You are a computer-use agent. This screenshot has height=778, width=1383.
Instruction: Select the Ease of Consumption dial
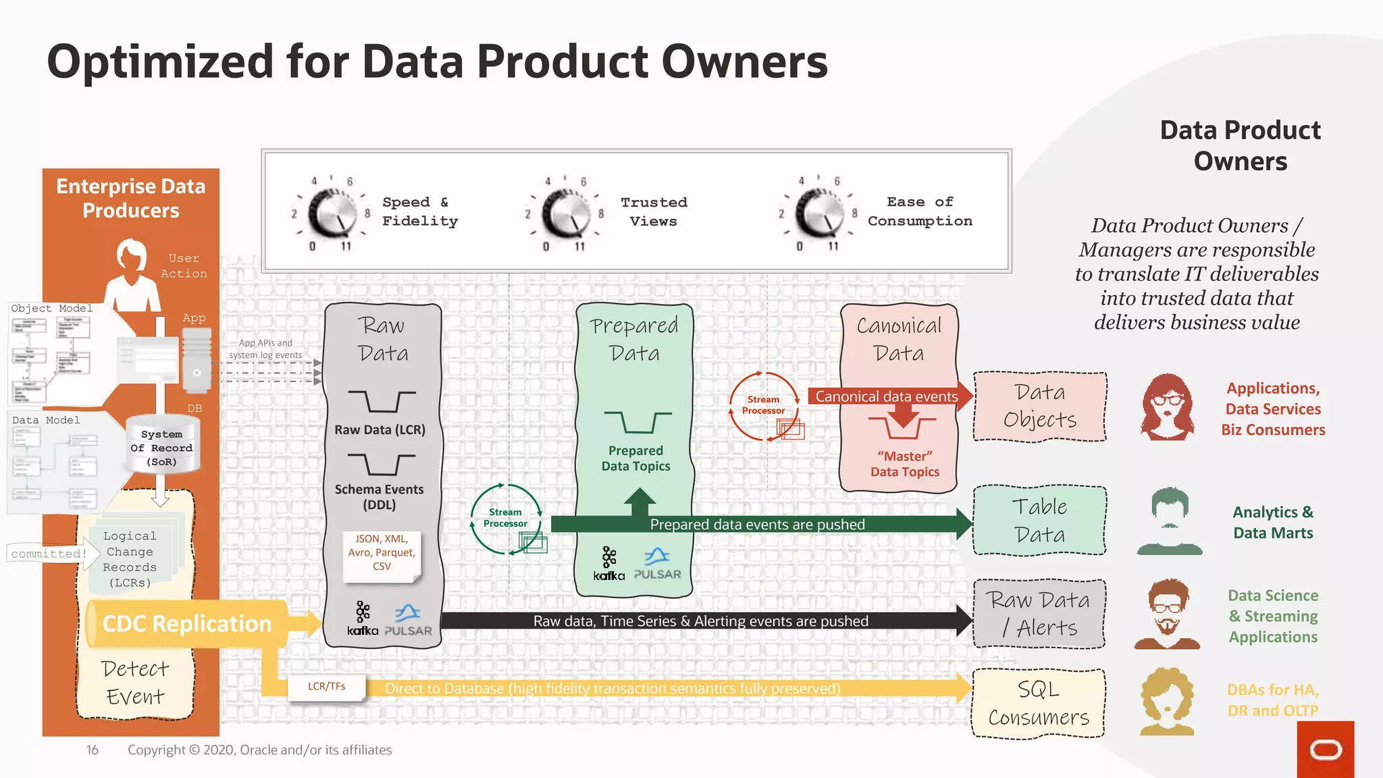click(x=818, y=213)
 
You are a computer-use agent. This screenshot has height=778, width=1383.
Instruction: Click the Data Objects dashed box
click(x=1039, y=407)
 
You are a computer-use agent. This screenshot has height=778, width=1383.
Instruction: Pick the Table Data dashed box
click(x=1039, y=521)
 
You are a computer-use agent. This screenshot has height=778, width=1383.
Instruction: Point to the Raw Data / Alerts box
click(x=1039, y=614)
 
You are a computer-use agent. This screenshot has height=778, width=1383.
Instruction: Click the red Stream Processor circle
click(x=763, y=405)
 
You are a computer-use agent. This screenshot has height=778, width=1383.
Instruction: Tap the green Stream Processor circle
click(x=505, y=518)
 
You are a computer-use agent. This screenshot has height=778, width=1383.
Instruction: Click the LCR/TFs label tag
click(x=327, y=687)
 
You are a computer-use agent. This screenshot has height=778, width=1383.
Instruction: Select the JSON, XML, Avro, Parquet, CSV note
click(x=382, y=553)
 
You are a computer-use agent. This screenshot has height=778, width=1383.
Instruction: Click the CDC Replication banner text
click(x=187, y=624)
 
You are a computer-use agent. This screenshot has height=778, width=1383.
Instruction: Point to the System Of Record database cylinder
click(x=162, y=446)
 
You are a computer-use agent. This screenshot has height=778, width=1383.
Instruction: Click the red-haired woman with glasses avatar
click(x=1168, y=407)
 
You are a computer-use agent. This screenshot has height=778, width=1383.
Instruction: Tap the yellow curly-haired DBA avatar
click(x=1167, y=701)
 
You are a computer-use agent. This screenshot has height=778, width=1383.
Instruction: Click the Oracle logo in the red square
click(x=1325, y=750)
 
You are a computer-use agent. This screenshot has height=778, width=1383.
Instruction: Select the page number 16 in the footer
click(x=93, y=750)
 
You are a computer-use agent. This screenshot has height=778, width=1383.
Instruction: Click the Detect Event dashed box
click(x=135, y=682)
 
